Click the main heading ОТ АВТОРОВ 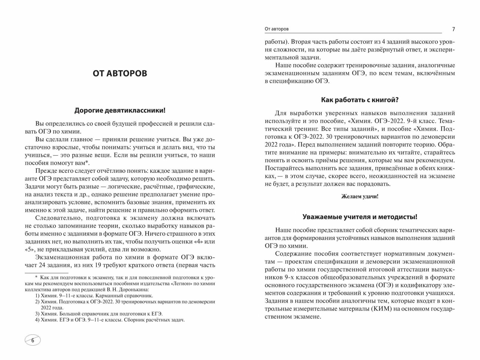119,73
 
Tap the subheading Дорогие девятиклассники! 119,110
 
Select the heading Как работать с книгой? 360,100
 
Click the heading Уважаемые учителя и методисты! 360,217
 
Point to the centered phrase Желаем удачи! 360,197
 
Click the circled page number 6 32,340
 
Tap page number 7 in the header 453,29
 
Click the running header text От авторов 277,29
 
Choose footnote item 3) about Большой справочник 98,313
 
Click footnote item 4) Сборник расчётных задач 109,320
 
